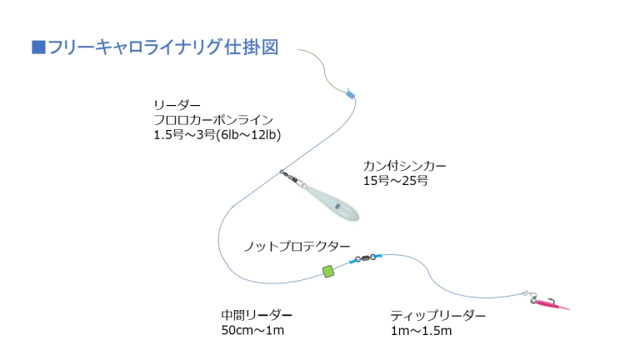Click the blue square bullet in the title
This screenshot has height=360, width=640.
point(38,47)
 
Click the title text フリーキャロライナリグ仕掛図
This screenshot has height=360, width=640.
point(163,47)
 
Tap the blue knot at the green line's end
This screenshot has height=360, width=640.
point(350,95)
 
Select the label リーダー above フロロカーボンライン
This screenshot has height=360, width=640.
point(177,105)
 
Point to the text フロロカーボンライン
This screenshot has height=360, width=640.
point(213,120)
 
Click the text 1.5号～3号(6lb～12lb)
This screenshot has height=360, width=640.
point(217,135)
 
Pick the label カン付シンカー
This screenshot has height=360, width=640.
point(405,166)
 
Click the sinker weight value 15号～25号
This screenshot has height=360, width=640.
point(396,180)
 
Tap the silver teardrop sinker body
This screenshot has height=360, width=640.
point(331,202)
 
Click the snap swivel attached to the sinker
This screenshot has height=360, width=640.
point(292,177)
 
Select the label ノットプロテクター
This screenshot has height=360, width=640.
point(297,247)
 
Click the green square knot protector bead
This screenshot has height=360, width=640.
point(328,271)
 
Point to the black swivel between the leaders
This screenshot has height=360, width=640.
point(366,258)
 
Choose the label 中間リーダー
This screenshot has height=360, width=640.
point(257,315)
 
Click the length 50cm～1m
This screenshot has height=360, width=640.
point(252,330)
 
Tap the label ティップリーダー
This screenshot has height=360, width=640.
point(438,316)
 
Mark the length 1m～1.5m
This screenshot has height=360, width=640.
point(421,330)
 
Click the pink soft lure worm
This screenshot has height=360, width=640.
point(553,304)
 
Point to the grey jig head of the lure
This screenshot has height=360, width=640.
point(534,301)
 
